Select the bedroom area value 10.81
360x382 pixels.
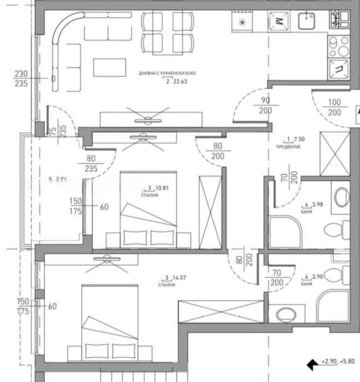(x=161, y=189)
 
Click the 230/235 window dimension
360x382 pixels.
(x=21, y=79)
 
